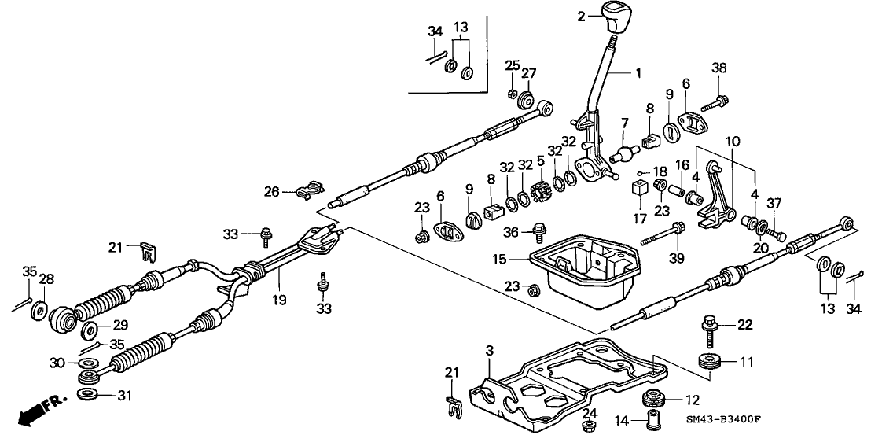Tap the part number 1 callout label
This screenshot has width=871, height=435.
(x=638, y=72)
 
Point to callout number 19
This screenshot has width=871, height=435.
(x=278, y=300)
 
